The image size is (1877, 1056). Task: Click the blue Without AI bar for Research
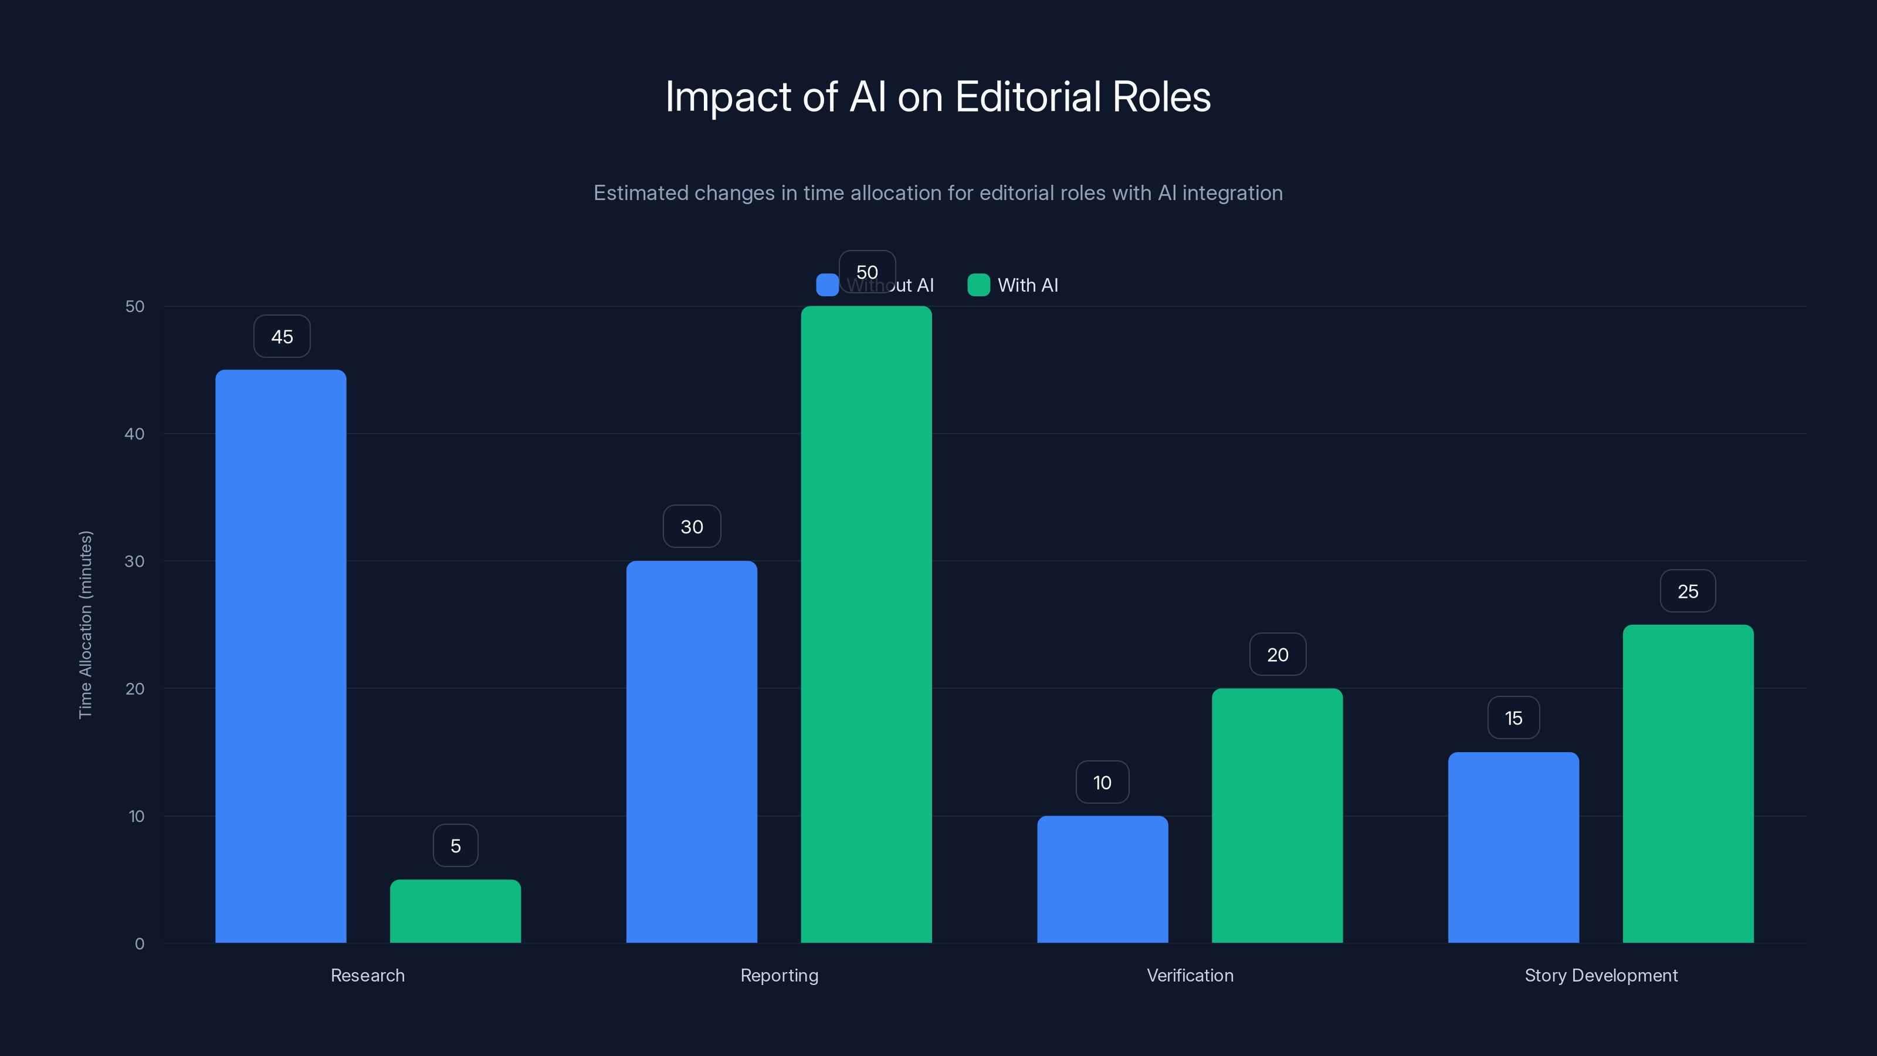click(280, 656)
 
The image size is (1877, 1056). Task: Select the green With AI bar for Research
click(455, 911)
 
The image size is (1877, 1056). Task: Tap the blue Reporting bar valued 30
click(692, 751)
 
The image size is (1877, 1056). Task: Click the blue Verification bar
click(1103, 879)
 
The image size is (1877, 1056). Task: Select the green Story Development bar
click(1688, 783)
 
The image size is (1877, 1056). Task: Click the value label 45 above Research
click(282, 337)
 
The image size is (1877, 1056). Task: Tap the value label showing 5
click(455, 846)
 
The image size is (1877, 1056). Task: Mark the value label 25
click(1688, 591)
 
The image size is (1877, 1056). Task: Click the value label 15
click(1513, 719)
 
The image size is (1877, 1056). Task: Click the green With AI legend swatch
click(978, 285)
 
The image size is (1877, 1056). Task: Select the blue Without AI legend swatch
click(827, 285)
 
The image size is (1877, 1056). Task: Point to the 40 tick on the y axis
click(135, 434)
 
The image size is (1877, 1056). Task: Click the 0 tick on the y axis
click(139, 944)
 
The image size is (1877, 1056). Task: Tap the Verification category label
click(1190, 975)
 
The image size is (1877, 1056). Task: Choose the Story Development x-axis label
click(1601, 975)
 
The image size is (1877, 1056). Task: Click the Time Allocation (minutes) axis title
click(85, 625)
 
